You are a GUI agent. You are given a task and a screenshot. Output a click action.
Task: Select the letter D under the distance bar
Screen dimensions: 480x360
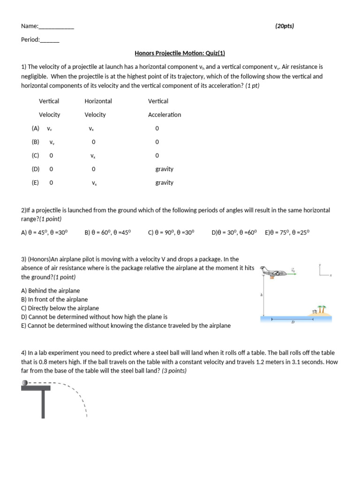click(293, 322)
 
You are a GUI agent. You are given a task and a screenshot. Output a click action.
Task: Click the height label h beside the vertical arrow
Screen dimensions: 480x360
click(262, 295)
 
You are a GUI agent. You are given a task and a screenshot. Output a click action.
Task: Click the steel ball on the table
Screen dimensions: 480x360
click(24, 383)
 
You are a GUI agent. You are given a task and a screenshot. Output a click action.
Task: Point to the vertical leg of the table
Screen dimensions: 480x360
click(43, 403)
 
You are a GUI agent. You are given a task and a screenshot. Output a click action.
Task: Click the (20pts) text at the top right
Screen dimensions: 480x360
click(285, 26)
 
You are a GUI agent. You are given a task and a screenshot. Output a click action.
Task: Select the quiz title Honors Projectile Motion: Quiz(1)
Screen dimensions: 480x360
click(180, 53)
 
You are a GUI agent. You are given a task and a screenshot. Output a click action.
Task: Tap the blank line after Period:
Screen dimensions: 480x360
click(50, 40)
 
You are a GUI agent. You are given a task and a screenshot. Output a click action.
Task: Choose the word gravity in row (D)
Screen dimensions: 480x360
click(164, 169)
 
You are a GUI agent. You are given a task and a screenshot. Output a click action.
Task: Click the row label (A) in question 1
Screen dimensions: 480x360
click(36, 128)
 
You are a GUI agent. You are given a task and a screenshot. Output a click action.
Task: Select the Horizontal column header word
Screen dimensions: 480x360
click(98, 101)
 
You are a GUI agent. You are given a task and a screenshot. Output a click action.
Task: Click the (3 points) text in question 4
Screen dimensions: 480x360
click(174, 371)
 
